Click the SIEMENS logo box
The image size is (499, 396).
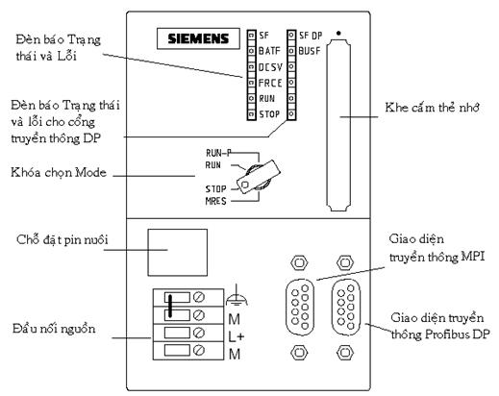[x=198, y=38]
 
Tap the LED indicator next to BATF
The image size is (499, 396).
[x=252, y=51]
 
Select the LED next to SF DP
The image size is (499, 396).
[x=291, y=35]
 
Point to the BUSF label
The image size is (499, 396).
[x=310, y=51]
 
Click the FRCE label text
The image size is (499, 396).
[x=270, y=83]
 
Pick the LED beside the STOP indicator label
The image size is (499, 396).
[x=252, y=114]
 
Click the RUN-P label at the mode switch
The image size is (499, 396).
[x=218, y=153]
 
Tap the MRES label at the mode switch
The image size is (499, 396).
[x=215, y=201]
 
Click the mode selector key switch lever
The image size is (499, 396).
[x=259, y=177]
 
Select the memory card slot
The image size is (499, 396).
[x=338, y=125]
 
